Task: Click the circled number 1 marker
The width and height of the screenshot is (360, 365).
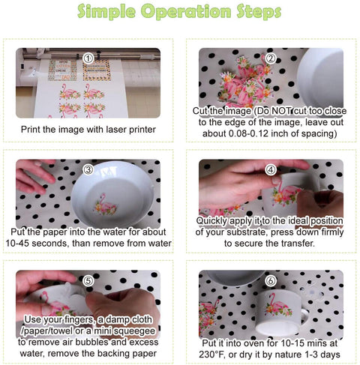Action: tap(88, 58)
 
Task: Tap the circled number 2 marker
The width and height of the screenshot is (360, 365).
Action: tap(271, 58)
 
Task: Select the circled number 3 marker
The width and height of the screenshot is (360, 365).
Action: tap(88, 170)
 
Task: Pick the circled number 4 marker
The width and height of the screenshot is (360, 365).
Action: tap(271, 170)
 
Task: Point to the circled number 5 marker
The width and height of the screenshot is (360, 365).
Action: tap(88, 281)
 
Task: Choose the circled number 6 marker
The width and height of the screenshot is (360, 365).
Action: tap(271, 281)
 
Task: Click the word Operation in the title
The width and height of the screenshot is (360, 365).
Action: tap(186, 11)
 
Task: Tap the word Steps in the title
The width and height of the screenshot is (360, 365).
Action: tap(259, 11)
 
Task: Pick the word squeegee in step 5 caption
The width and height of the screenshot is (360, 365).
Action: tap(134, 331)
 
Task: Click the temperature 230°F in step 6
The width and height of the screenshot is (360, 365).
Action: tap(212, 355)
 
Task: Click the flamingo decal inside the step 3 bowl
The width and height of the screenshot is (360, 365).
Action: tap(105, 205)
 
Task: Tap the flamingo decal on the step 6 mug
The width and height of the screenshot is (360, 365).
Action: tap(278, 305)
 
